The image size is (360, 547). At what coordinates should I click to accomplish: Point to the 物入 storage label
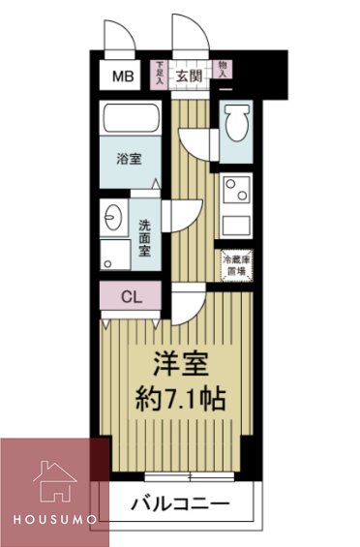point(224,67)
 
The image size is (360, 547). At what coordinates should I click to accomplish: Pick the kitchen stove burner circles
point(233,188)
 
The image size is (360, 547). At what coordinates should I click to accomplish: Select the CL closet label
point(132,297)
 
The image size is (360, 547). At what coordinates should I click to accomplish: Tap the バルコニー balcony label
point(180,503)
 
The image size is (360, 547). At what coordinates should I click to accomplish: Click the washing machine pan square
point(114,254)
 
